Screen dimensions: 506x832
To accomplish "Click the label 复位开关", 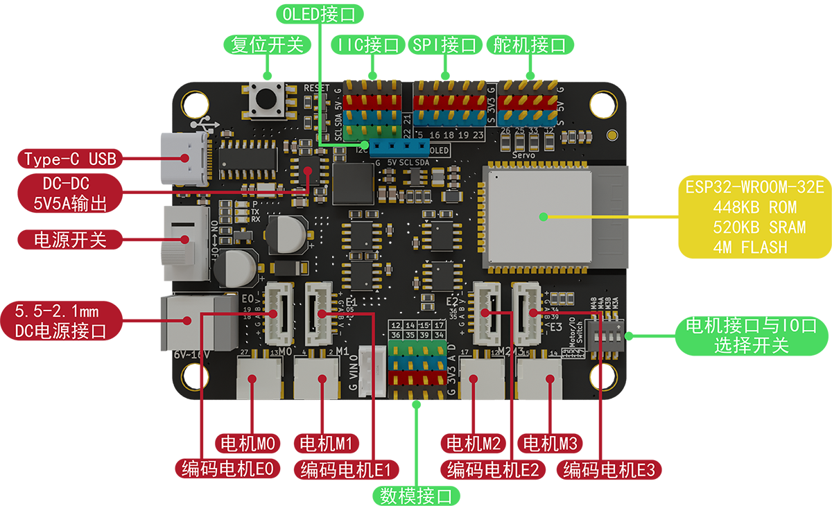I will pyautogui.click(x=267, y=46).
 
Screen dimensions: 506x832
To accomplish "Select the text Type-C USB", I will pyautogui.click(x=70, y=159).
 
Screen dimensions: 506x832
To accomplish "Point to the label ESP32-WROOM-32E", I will pyautogui.click(x=754, y=186).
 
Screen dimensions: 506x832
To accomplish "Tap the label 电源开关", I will pyautogui.click(x=70, y=241).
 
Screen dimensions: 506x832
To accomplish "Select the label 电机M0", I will pyautogui.click(x=248, y=443).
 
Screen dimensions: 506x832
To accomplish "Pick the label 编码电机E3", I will pyautogui.click(x=609, y=471).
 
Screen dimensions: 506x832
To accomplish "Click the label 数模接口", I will pyautogui.click(x=415, y=496).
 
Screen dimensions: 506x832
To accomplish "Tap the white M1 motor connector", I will pyautogui.click(x=316, y=378).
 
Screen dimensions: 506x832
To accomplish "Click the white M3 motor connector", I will pyautogui.click(x=541, y=380).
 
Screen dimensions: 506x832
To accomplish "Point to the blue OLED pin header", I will pyautogui.click(x=399, y=148).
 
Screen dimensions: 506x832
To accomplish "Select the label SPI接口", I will pyautogui.click(x=444, y=46).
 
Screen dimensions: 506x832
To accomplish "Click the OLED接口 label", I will pyautogui.click(x=319, y=14).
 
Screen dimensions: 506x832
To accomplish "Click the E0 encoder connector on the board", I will pyautogui.click(x=279, y=315).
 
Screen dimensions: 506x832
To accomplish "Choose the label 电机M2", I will pyautogui.click(x=473, y=443).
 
